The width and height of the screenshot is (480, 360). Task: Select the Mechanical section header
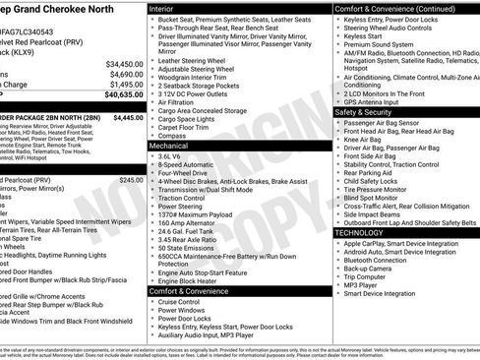pyautogui.click(x=171, y=145)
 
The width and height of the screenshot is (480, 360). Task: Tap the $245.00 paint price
pyautogui.click(x=130, y=181)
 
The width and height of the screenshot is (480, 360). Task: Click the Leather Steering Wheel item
pyautogui.click(x=198, y=61)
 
